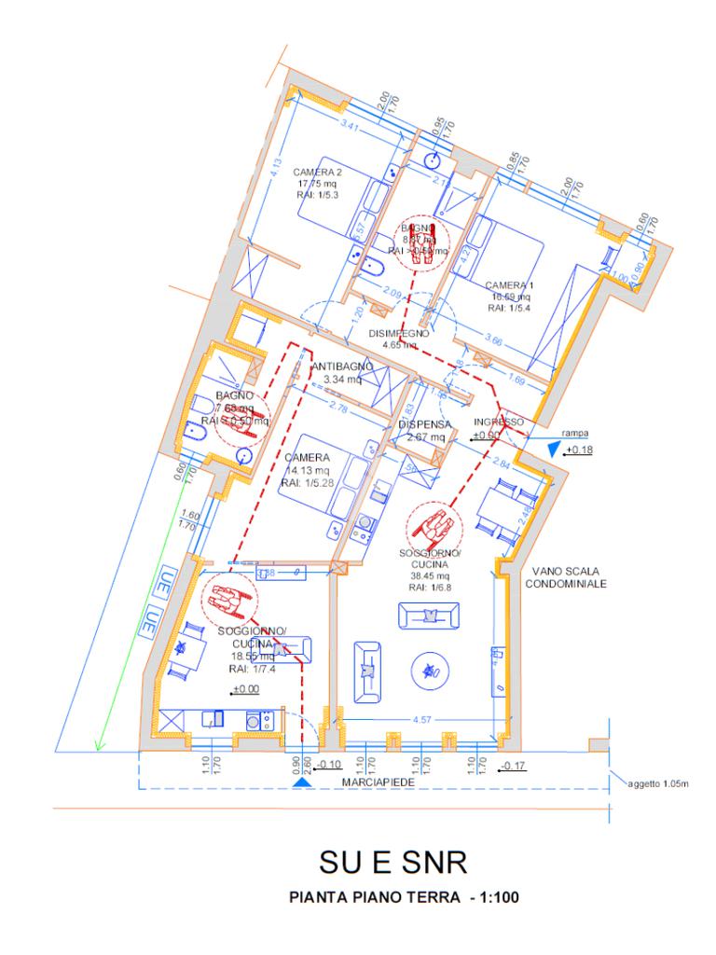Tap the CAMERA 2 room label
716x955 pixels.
pos(317,173)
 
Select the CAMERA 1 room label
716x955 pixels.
pos(509,284)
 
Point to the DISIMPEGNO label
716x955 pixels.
pos(398,332)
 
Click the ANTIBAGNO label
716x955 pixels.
pos(341,366)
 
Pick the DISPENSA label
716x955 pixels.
pos(424,423)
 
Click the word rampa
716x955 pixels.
pos(573,432)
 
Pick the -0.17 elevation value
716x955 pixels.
pos(514,767)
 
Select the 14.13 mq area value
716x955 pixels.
pos(303,470)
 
